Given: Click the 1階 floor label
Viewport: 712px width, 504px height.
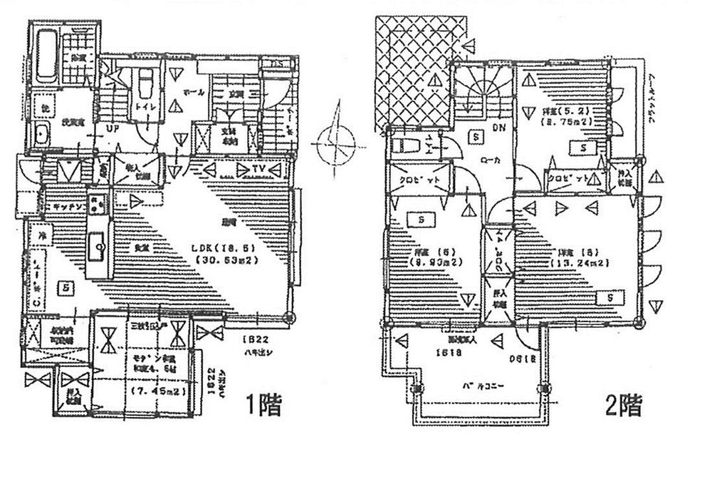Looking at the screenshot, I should pos(264,406).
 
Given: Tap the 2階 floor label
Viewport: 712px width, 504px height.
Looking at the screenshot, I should pos(624,406).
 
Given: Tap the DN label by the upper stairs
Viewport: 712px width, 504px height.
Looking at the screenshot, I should pos(498,129).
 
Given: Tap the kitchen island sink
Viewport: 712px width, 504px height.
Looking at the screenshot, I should pos(98,248).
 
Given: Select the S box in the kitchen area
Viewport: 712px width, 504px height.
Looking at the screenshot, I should pos(65,288).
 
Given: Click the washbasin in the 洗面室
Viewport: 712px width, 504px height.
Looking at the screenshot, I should pos(41,134).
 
